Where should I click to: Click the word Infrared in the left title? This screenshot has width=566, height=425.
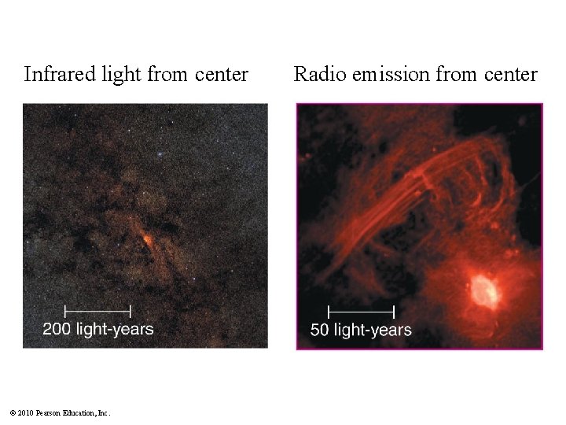(60, 75)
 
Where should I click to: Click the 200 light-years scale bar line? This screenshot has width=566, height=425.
(97, 310)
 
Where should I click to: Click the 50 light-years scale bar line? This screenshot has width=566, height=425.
(361, 311)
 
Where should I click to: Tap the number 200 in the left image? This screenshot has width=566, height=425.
(57, 329)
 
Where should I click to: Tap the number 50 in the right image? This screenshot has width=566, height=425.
(320, 330)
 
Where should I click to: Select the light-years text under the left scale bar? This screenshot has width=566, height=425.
(114, 329)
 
